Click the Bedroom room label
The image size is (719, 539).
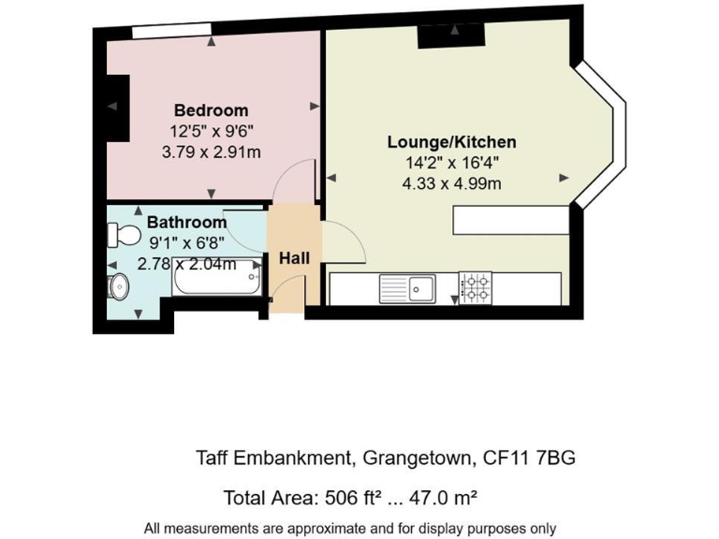click(211, 110)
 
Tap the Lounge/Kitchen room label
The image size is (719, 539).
click(451, 142)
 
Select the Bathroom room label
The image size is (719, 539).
click(186, 223)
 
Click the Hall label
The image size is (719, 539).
click(294, 257)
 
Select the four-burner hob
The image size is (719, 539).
click(475, 287)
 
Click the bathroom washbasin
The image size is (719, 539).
click(117, 286)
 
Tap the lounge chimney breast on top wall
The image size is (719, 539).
click(451, 36)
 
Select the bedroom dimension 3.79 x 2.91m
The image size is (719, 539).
click(211, 151)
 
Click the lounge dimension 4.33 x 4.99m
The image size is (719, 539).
click(451, 183)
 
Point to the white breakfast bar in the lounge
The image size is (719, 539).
click(510, 220)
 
